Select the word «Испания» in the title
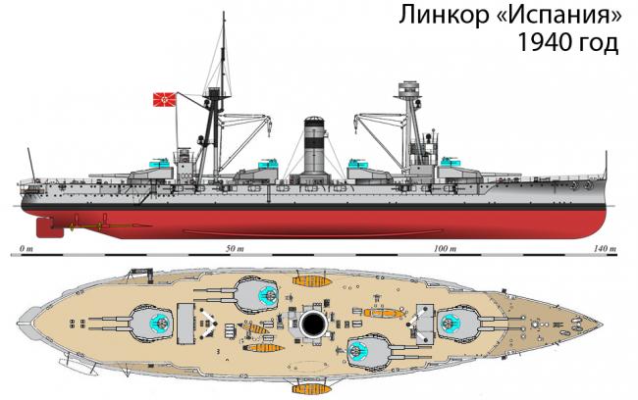pyautogui.click(x=559, y=16)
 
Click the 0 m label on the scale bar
pyautogui.click(x=26, y=248)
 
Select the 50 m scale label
pyautogui.click(x=236, y=248)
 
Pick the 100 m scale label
pyautogui.click(x=446, y=248)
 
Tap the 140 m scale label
pyautogui.click(x=606, y=248)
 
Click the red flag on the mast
pyautogui.click(x=165, y=99)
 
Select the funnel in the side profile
pyautogui.click(x=315, y=146)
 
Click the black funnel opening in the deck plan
pyautogui.click(x=313, y=324)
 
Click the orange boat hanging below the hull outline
pyautogui.click(x=311, y=389)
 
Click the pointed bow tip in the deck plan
pyautogui.click(x=603, y=324)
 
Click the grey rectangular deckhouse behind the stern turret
pyautogui.click(x=186, y=324)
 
